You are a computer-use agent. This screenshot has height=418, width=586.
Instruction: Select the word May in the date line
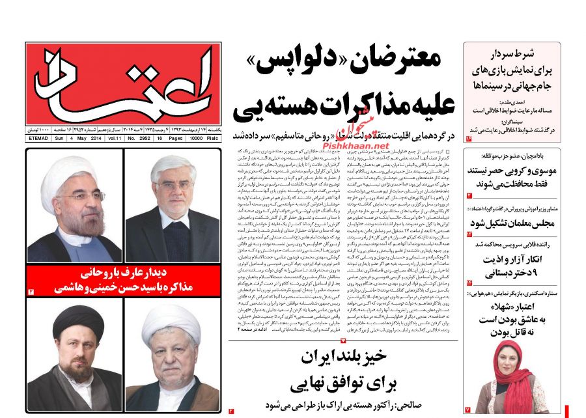click(77, 139)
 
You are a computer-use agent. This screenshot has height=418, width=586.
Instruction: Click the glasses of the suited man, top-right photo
click(173, 186)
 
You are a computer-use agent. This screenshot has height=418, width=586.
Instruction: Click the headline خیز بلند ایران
click(344, 358)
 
